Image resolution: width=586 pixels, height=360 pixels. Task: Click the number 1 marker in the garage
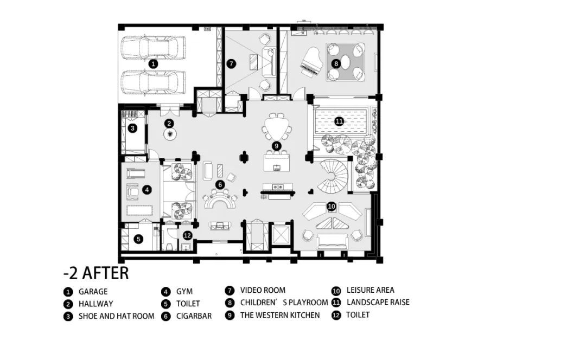pos(152,64)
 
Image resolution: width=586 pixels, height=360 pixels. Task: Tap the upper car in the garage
pos(153,48)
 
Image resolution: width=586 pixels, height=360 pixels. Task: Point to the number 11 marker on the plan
pos(339,121)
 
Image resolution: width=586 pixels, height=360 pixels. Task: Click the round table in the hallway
pos(170,134)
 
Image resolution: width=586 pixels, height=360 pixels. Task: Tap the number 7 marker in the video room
pos(231,63)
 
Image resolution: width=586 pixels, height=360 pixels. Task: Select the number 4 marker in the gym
pos(147,190)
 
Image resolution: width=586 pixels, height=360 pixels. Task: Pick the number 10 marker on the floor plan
pos(332,206)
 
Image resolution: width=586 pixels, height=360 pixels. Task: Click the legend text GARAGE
pos(93,292)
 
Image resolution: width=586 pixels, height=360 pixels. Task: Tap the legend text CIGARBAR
pos(194,316)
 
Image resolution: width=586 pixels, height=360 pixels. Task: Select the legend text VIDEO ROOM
pos(263,290)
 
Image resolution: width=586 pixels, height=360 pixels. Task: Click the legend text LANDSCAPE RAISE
pos(378,302)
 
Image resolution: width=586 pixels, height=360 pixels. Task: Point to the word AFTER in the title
pos(105,273)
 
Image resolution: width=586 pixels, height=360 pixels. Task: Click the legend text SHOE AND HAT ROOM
pos(116,316)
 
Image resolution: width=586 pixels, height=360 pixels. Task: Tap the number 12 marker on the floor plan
pos(188,235)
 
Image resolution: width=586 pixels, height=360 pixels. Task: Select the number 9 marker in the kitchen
pos(276,146)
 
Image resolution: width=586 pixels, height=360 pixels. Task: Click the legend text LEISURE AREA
pos(371,290)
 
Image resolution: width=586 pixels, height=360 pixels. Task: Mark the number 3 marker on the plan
pos(132,128)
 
